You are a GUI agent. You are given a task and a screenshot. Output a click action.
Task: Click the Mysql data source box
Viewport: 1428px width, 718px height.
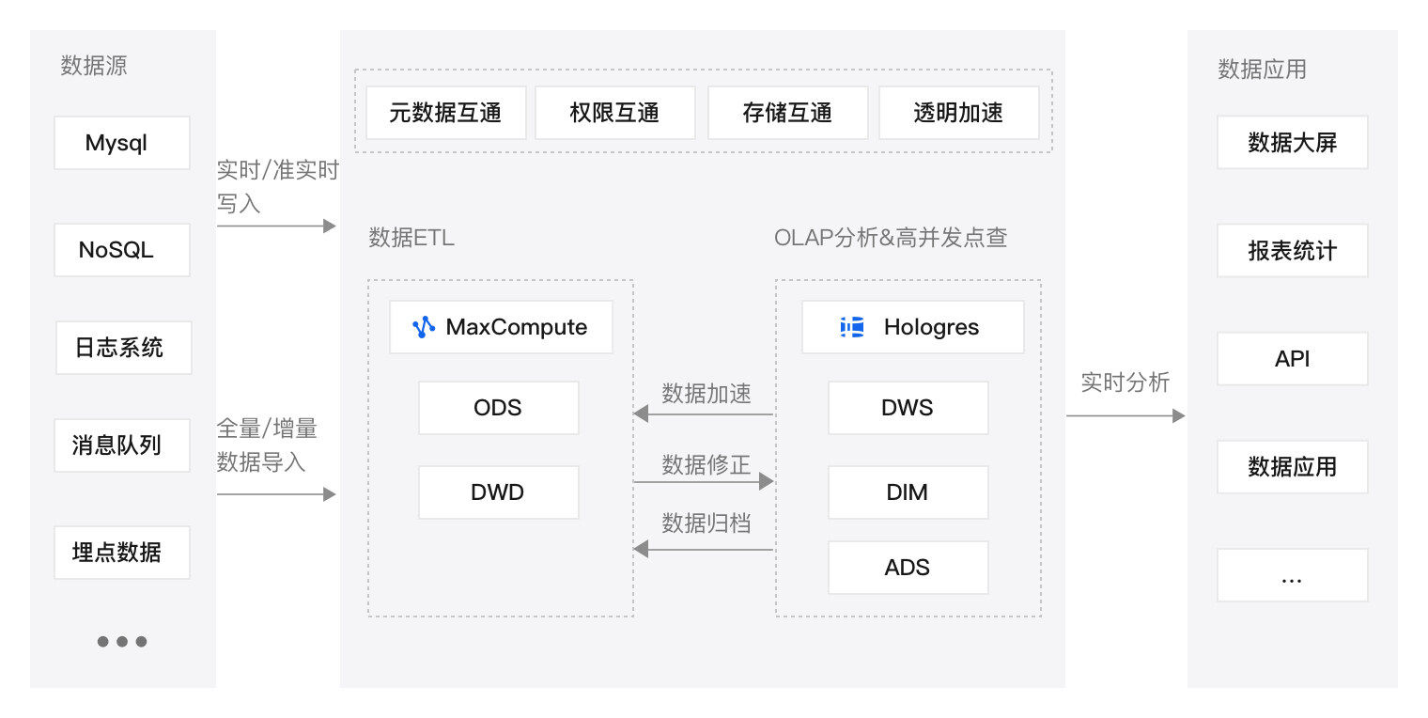click(121, 143)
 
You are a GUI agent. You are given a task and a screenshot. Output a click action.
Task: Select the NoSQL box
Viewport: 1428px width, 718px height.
click(121, 250)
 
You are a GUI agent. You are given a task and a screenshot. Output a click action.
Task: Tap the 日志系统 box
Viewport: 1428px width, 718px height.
click(123, 348)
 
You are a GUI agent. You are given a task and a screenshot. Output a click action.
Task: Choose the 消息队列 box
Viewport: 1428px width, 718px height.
click(121, 445)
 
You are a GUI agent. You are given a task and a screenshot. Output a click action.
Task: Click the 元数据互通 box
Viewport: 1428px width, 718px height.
click(445, 113)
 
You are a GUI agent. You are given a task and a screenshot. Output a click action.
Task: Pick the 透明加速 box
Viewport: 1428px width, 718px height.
click(958, 113)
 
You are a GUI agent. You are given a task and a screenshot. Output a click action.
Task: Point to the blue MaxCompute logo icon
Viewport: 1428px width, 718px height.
click(424, 327)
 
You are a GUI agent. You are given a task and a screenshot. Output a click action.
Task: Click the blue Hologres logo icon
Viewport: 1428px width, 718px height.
click(852, 327)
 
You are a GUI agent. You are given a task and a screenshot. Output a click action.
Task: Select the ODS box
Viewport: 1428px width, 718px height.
click(498, 408)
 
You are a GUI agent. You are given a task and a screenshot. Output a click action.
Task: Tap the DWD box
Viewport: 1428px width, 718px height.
click(498, 492)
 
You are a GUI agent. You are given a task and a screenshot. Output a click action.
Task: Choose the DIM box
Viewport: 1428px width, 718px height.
click(908, 492)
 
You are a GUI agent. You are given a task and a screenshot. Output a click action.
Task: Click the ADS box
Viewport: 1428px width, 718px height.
click(908, 568)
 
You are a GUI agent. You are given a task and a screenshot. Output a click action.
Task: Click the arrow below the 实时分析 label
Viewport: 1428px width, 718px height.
click(1125, 415)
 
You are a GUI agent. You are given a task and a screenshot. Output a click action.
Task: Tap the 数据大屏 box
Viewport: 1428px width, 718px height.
click(1292, 143)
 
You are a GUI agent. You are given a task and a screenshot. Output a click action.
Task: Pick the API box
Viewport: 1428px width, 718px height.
click(1292, 359)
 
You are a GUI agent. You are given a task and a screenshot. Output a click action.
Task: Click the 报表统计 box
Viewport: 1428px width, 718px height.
click(1292, 251)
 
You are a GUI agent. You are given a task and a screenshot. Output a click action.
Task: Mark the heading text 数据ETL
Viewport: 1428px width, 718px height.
click(411, 238)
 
